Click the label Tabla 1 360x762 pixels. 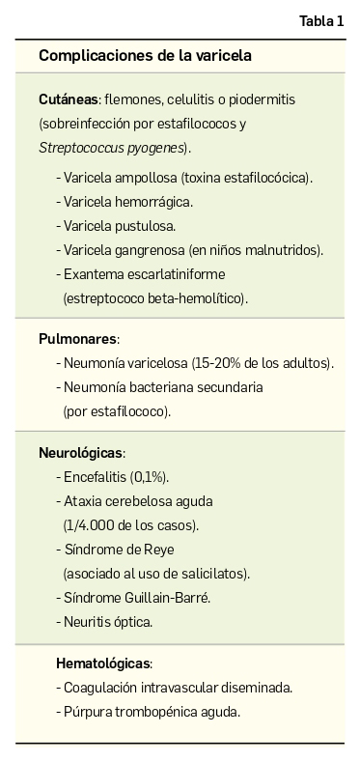[320, 21]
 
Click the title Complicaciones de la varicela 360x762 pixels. [145, 56]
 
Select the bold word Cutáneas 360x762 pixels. [68, 99]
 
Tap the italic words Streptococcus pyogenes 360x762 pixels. [112, 148]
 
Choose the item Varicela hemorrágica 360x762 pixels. [127, 202]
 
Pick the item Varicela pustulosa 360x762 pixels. [119, 226]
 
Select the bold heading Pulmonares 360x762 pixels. [77, 339]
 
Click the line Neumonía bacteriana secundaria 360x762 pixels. [162, 387]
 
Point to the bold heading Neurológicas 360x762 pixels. [81, 453]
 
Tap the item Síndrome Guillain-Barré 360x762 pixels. [136, 598]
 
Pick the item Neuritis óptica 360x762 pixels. [107, 622]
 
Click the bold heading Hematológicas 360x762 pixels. [103, 663]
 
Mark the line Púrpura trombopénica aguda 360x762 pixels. [152, 712]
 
